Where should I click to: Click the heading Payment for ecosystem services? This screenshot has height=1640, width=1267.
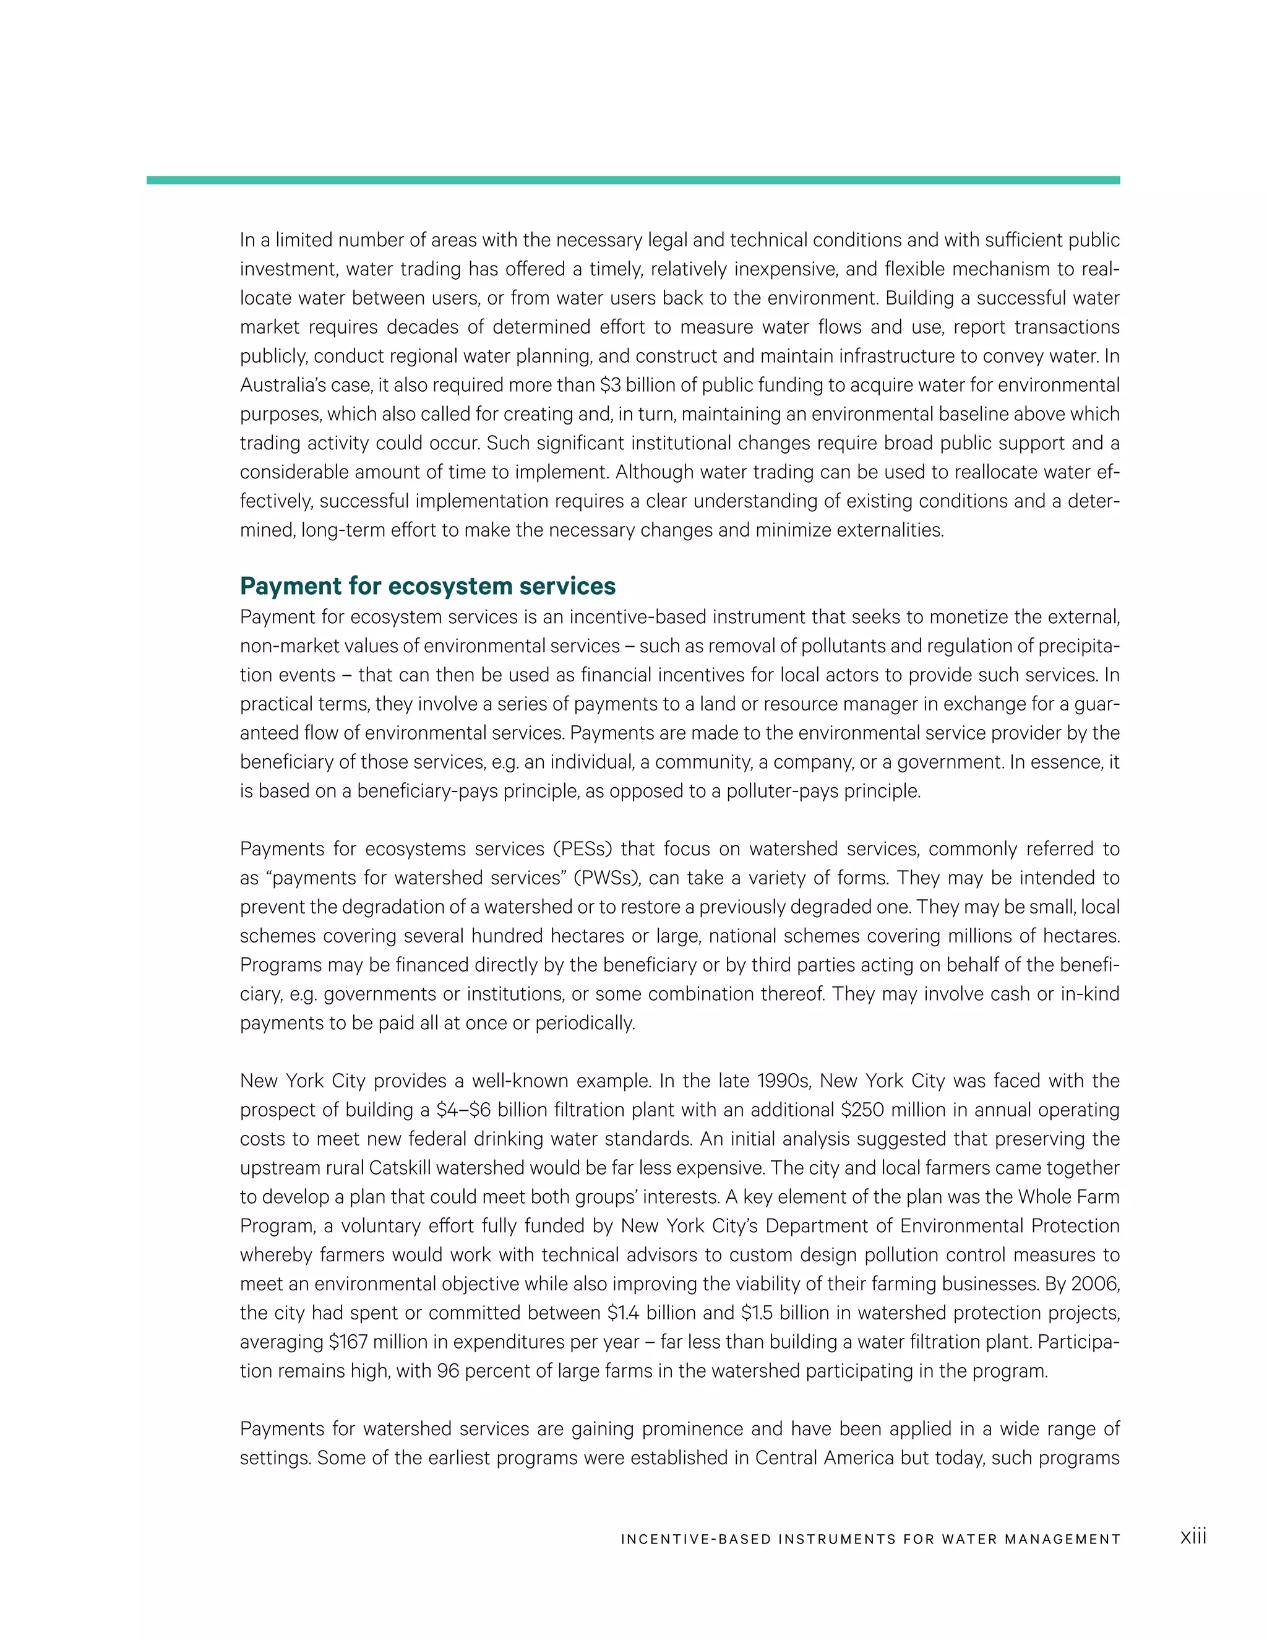pos(428,585)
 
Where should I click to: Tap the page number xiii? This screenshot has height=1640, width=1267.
pos(1193,1537)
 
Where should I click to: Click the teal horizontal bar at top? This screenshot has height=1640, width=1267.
pos(633,180)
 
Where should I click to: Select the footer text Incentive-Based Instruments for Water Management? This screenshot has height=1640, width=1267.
pos(870,1539)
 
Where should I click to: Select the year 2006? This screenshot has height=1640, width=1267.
pos(1095,1284)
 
